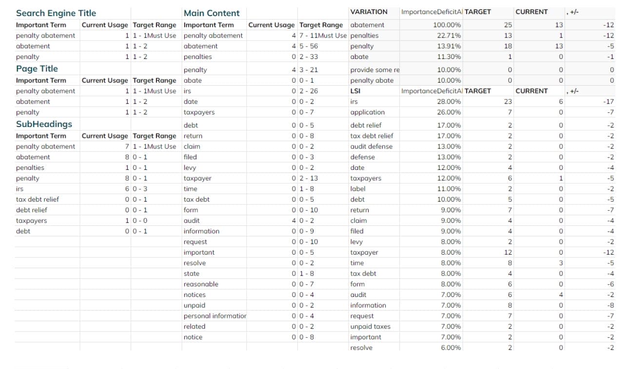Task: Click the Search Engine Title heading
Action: pyautogui.click(x=56, y=13)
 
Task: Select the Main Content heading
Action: pyautogui.click(x=212, y=13)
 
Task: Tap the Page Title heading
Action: pyautogui.click(x=37, y=69)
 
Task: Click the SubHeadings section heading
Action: pyautogui.click(x=44, y=124)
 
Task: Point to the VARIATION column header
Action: pyautogui.click(x=369, y=12)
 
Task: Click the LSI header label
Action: pyautogui.click(x=355, y=91)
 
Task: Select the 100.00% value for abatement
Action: pyautogui.click(x=447, y=25)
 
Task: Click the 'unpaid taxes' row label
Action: pyautogui.click(x=370, y=327)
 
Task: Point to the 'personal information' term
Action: pyautogui.click(x=215, y=316)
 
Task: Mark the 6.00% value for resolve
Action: pyautogui.click(x=451, y=348)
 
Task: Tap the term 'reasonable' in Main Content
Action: pyautogui.click(x=201, y=284)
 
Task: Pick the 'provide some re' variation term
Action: pyautogui.click(x=374, y=70)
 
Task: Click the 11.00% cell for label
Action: pyautogui.click(x=449, y=189)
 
